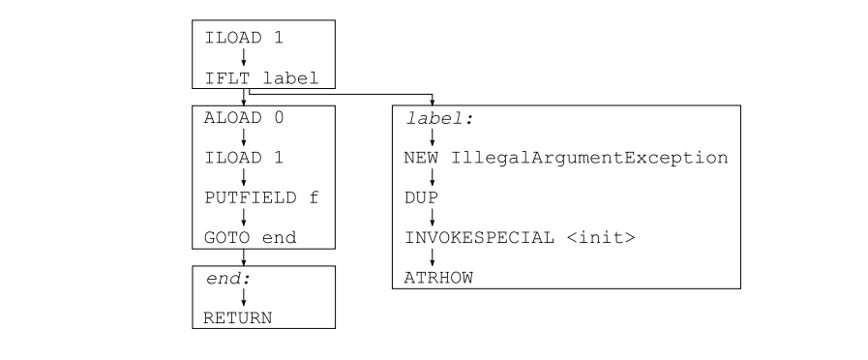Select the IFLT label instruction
coord(260,79)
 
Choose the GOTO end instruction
coord(251,237)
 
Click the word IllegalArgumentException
coord(588,157)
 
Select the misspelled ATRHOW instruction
coord(432,278)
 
